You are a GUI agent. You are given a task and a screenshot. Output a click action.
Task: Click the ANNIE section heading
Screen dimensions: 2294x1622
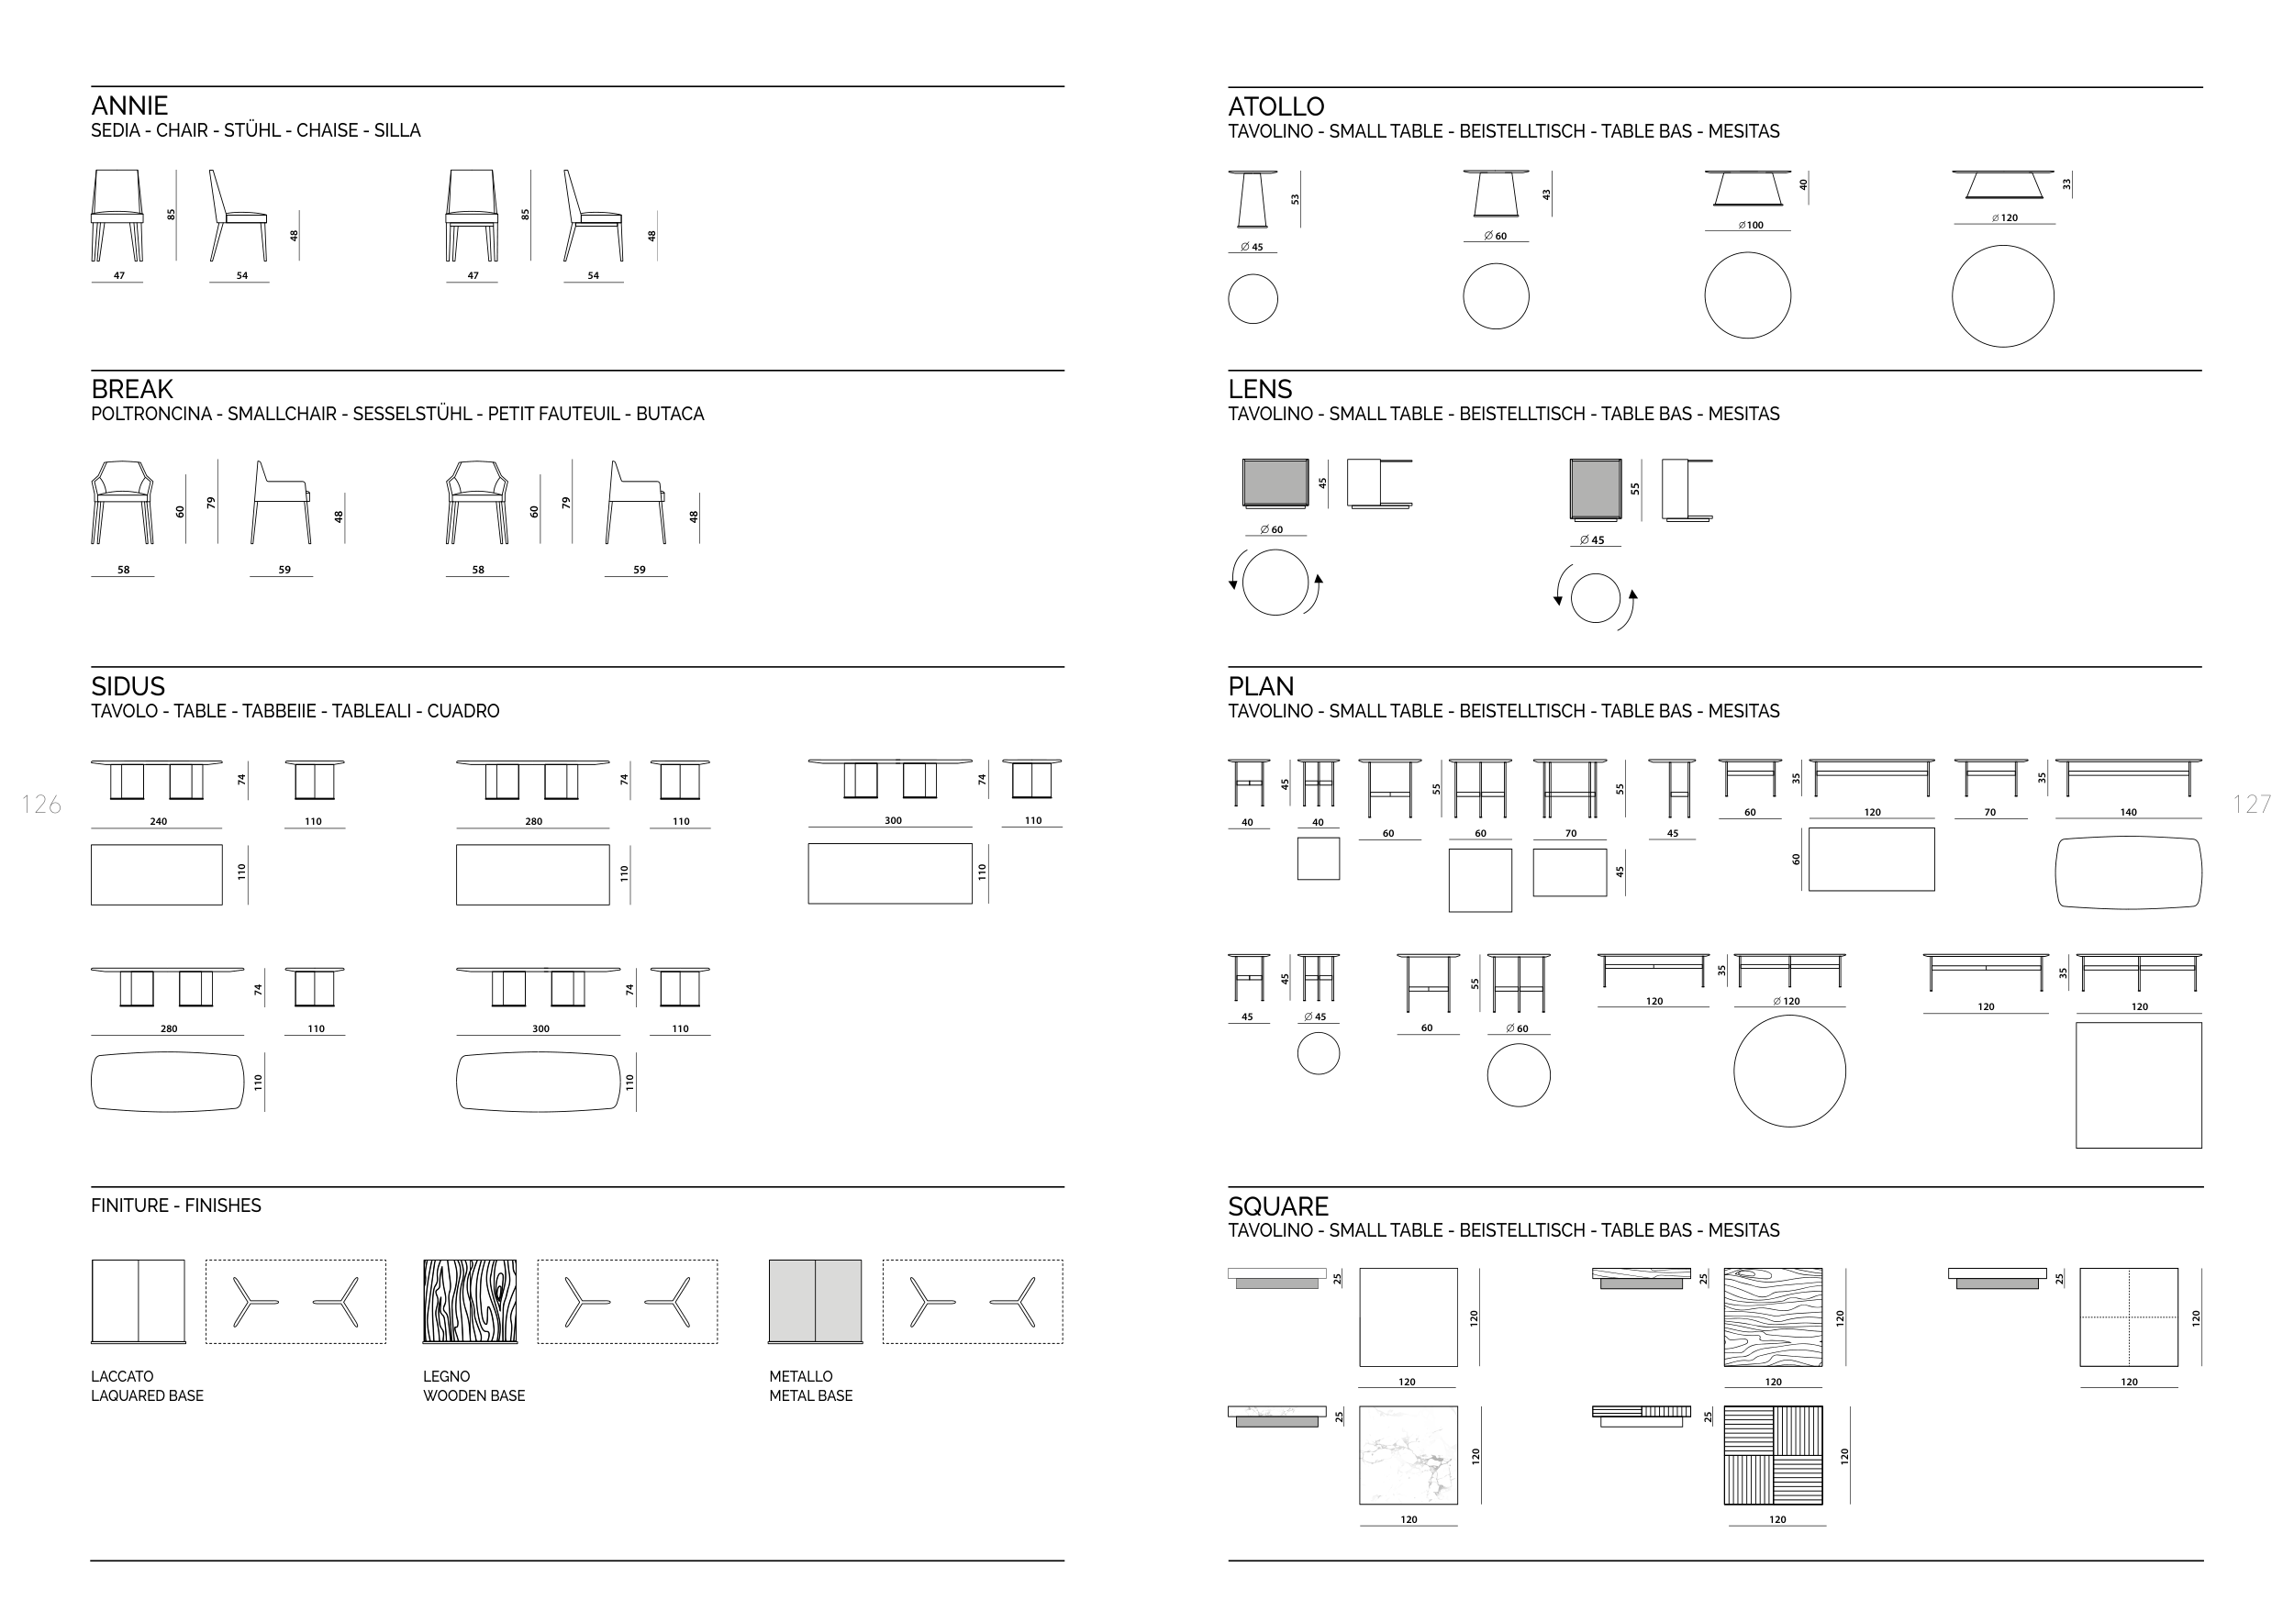click(x=128, y=106)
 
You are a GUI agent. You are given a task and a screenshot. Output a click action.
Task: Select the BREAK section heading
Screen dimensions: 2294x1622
click(x=132, y=390)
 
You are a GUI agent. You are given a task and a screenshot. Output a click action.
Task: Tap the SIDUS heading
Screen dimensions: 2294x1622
click(x=128, y=687)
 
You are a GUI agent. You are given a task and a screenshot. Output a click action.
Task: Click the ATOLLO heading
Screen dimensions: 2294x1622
click(x=1275, y=106)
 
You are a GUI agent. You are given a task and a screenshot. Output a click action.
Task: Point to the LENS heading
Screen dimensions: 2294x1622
click(x=1260, y=390)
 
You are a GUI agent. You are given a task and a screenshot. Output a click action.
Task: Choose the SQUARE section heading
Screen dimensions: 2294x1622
click(x=1278, y=1206)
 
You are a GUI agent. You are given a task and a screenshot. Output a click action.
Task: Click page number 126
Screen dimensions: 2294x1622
click(x=41, y=804)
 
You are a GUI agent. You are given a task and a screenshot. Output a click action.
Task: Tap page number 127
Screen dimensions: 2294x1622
click(x=2252, y=804)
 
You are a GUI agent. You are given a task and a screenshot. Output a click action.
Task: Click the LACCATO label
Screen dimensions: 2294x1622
click(x=122, y=1376)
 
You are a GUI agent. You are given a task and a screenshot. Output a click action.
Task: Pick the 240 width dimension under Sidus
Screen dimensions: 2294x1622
click(x=159, y=822)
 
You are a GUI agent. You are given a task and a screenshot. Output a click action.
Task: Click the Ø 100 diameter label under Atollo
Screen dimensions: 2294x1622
click(x=1751, y=226)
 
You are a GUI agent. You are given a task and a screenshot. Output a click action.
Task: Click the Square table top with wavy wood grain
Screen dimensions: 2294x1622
click(x=1773, y=1317)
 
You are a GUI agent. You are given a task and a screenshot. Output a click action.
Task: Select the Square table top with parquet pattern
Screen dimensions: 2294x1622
click(x=1773, y=1455)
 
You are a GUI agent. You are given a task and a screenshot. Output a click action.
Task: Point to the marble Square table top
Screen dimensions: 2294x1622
click(x=1408, y=1455)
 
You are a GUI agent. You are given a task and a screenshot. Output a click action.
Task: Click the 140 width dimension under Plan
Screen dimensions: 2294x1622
click(x=2128, y=813)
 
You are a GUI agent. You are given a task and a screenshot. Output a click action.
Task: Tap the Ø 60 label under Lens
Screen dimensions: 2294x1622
click(x=1271, y=530)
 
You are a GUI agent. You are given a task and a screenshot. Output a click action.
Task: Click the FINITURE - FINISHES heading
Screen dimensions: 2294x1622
click(x=176, y=1205)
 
